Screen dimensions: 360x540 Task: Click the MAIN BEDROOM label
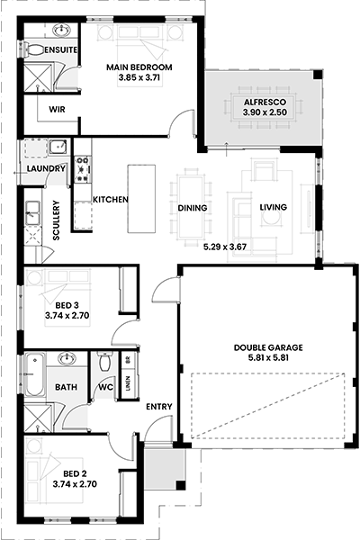(x=139, y=67)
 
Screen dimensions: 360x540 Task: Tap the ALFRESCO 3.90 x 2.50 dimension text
(x=265, y=112)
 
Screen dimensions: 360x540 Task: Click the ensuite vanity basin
(x=62, y=31)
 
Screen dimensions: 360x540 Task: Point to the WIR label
(x=57, y=110)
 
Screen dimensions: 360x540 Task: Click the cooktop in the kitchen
(x=83, y=169)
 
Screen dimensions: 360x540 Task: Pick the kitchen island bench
(x=141, y=199)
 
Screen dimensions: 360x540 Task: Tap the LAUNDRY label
(x=46, y=169)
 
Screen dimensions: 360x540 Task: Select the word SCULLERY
(x=56, y=220)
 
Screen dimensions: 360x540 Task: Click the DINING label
(x=193, y=208)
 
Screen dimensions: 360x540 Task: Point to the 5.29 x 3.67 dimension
(x=225, y=247)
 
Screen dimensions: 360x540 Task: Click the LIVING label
(x=274, y=207)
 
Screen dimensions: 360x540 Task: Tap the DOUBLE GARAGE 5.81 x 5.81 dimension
(x=268, y=358)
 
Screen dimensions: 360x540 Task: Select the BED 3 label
(x=67, y=305)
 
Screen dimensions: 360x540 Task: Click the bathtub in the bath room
(x=35, y=374)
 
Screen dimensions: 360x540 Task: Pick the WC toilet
(x=104, y=362)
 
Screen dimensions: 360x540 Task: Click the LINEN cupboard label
(x=128, y=383)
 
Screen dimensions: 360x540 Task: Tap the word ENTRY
(x=158, y=407)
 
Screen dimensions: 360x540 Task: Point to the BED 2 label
(x=75, y=474)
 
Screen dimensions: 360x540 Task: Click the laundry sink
(x=58, y=147)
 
